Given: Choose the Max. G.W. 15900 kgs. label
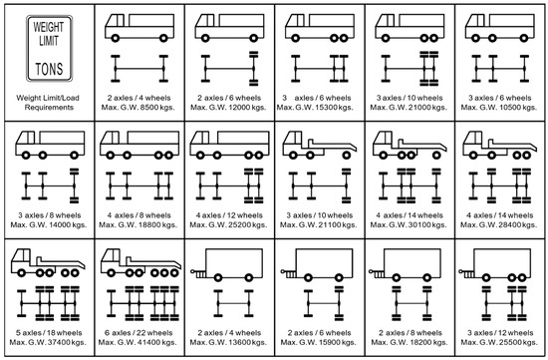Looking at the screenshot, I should point(318,345).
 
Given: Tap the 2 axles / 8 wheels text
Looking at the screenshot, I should point(410,334).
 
